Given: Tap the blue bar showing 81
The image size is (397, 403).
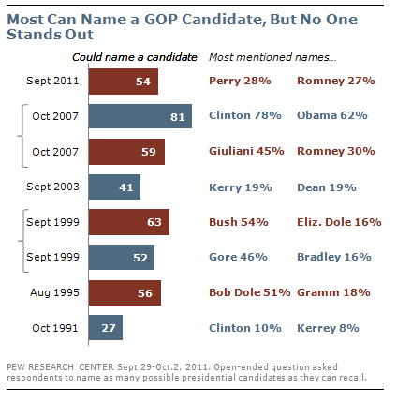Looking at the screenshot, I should tap(140, 117).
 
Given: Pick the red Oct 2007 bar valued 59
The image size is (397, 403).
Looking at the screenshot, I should tap(126, 152).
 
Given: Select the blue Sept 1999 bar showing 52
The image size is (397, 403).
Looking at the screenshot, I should tap(122, 258).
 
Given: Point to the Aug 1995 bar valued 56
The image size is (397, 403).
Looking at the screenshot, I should tap(125, 293).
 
